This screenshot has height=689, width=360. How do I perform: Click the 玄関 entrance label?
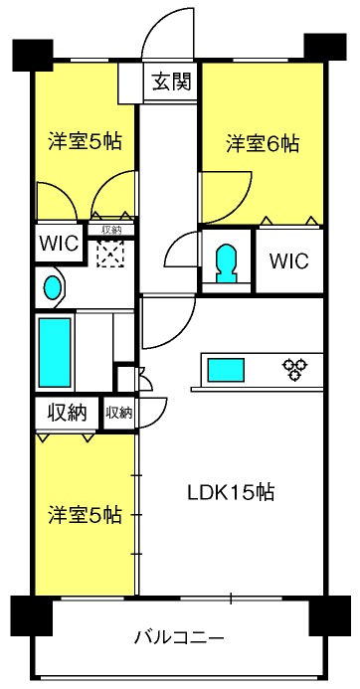(x=172, y=82)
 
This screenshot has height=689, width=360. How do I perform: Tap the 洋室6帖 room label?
(x=263, y=144)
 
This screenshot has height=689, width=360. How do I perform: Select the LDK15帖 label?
(x=231, y=492)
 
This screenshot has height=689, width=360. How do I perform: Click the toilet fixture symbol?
(x=227, y=262)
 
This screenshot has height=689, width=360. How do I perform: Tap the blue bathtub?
(x=55, y=352)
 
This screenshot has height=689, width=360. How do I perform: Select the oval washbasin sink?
(x=53, y=287)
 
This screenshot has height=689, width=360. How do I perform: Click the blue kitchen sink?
(x=226, y=370)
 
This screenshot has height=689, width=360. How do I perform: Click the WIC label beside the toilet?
(x=289, y=261)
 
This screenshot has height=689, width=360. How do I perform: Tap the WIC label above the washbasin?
(x=59, y=243)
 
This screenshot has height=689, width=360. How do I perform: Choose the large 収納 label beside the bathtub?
(x=67, y=413)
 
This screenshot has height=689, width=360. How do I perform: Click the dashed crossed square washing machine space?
(x=110, y=254)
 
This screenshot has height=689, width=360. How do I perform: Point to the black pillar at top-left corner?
(x=33, y=56)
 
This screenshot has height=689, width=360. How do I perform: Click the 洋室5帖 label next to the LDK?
(x=85, y=515)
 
